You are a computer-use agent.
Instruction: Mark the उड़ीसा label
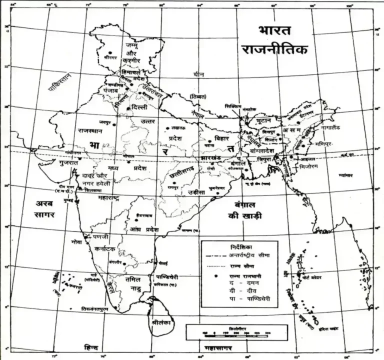click(x=192, y=192)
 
